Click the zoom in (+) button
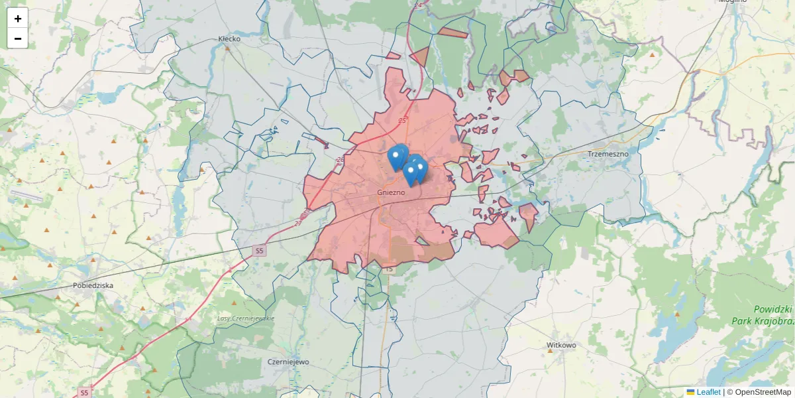[x=18, y=19]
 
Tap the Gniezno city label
[x=390, y=192]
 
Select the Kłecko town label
[x=229, y=38]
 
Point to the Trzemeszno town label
[x=608, y=154]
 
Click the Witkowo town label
[x=561, y=346]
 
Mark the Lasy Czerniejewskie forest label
[x=246, y=318]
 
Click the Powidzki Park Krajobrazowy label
[x=762, y=315]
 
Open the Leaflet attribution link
[x=708, y=392]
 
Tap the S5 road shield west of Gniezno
[x=260, y=251]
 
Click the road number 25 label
[x=402, y=120]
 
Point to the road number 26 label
[x=340, y=160]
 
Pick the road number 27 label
[x=297, y=223]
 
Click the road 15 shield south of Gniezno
[x=388, y=269]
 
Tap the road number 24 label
[x=417, y=5]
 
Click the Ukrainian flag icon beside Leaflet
[x=690, y=392]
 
